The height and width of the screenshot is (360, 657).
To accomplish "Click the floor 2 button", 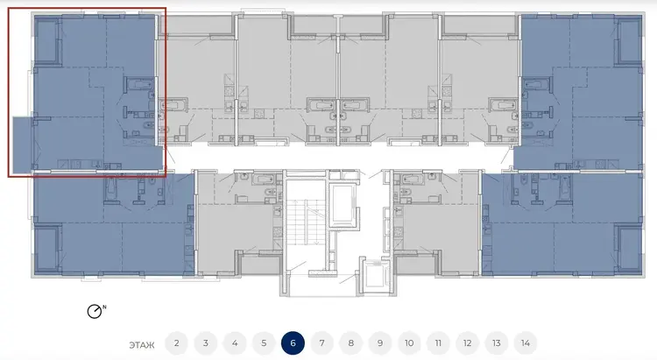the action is click(x=176, y=343).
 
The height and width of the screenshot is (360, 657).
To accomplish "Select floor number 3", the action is click(x=205, y=343).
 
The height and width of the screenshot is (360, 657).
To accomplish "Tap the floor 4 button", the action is click(x=235, y=343).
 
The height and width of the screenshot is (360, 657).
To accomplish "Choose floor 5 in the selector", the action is click(x=264, y=343).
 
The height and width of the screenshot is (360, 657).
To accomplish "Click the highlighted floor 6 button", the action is click(x=293, y=343).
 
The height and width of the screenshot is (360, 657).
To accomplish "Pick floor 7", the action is click(x=321, y=343).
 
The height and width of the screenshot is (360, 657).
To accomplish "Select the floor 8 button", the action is click(x=351, y=343).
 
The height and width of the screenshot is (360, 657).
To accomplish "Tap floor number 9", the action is click(x=380, y=343).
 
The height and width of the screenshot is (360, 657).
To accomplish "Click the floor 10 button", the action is click(x=409, y=343).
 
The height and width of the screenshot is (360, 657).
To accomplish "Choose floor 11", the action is click(x=438, y=343).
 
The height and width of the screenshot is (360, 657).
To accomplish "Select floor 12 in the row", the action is click(x=468, y=343).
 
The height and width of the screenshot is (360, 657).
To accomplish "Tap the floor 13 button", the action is click(x=497, y=343).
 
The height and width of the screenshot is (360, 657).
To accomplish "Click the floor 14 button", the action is click(x=526, y=343).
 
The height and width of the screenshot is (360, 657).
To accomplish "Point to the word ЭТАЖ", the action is click(x=142, y=345).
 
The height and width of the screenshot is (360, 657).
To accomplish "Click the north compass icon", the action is click(x=95, y=311).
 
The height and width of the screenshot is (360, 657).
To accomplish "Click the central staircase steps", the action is click(x=305, y=222).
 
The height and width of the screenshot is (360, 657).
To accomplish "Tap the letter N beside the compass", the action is click(x=104, y=307).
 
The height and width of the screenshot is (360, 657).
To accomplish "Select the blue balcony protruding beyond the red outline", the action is click(x=22, y=145).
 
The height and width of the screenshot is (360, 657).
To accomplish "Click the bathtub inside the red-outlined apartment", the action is click(x=139, y=84).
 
